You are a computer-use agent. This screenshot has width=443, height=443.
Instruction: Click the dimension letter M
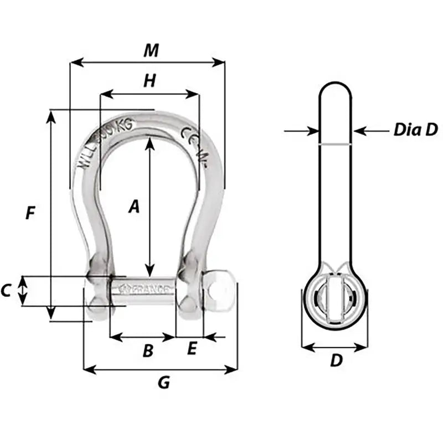150,50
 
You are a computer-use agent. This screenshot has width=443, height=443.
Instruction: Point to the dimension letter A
133,207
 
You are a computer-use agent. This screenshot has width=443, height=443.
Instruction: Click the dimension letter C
7,290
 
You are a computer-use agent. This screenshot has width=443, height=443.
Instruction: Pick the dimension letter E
192,349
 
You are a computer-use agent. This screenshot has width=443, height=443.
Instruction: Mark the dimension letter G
163,382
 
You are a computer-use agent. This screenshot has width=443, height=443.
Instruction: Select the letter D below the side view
336,360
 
